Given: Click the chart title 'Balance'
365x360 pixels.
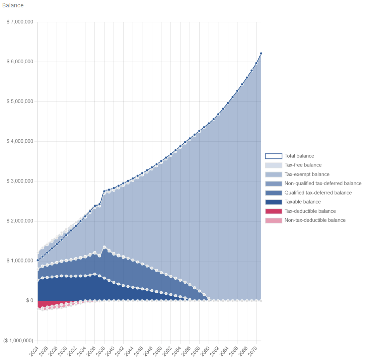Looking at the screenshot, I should pos(13,5).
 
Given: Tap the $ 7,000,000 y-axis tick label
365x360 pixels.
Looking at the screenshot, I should pos(20,22).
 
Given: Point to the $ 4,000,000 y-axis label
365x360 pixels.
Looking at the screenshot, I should pos(20,141).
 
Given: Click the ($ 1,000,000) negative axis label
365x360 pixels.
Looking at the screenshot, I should pos(18,341).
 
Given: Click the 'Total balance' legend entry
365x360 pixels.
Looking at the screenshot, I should pos(299,156).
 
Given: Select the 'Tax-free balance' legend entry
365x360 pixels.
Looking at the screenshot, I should pos(303,165).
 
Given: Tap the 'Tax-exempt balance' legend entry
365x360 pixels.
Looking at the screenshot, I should pos(307,174).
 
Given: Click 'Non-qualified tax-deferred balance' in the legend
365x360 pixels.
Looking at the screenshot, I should pos(323,184).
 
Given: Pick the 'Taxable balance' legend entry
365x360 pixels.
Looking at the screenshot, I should pos(302,202).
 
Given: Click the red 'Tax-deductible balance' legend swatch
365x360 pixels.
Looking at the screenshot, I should pos(274,211).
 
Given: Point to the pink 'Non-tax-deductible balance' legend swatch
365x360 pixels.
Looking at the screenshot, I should pos(274,220).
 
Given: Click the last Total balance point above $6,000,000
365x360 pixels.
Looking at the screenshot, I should pos(261,53).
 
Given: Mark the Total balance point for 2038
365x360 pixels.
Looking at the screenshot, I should pos(104,191).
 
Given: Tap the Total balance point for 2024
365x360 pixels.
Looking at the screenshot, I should pos(38,260).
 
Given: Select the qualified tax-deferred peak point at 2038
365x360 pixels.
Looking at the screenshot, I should pos(104,247).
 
